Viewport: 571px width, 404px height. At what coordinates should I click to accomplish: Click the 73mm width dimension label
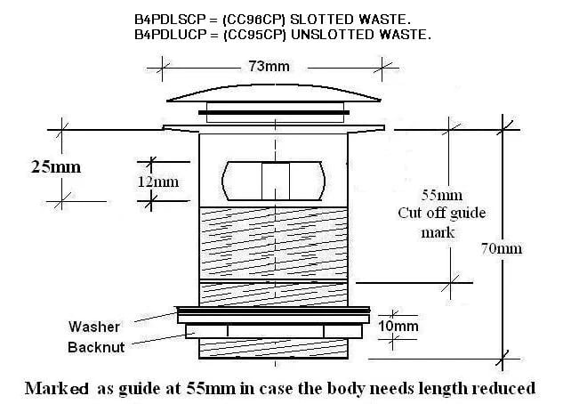(x=269, y=67)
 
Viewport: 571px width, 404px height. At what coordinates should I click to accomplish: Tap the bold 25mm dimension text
(x=56, y=167)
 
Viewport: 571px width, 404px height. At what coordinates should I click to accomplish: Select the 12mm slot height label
(x=158, y=182)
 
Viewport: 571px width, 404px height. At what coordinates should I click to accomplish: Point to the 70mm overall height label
(x=502, y=248)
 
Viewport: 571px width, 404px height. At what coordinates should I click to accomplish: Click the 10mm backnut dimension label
(x=398, y=326)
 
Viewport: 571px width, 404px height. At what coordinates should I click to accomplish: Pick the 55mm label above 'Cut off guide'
(x=442, y=195)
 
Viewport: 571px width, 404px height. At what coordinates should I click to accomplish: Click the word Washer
(x=94, y=327)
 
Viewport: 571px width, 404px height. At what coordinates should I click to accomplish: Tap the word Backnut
(x=96, y=347)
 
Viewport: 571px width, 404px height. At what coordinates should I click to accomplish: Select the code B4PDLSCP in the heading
(x=171, y=20)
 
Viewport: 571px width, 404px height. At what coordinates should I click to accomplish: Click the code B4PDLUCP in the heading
(x=171, y=35)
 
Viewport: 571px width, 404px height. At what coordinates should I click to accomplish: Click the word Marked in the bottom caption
(x=56, y=388)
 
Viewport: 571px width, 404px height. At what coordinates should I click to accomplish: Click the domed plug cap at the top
(x=273, y=93)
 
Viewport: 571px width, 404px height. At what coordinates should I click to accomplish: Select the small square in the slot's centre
(x=276, y=181)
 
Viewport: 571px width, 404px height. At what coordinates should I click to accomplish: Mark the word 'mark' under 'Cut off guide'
(x=438, y=232)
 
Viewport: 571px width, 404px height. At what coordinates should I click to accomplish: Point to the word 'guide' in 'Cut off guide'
(x=468, y=214)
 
